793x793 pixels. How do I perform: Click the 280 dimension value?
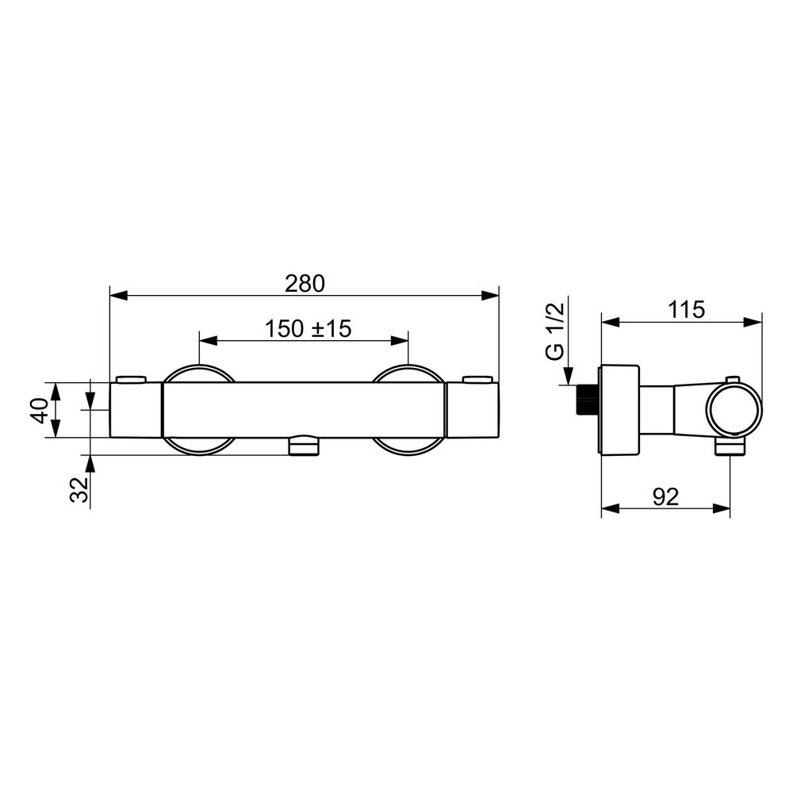305,284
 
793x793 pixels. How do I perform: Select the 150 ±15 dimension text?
308,329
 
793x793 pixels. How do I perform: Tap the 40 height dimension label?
40,410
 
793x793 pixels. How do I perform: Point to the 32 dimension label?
79,489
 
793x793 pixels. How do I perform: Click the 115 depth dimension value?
686,309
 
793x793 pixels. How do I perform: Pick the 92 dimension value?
665,497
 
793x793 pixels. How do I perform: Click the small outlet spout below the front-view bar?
304,445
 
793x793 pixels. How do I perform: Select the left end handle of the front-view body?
136,410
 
